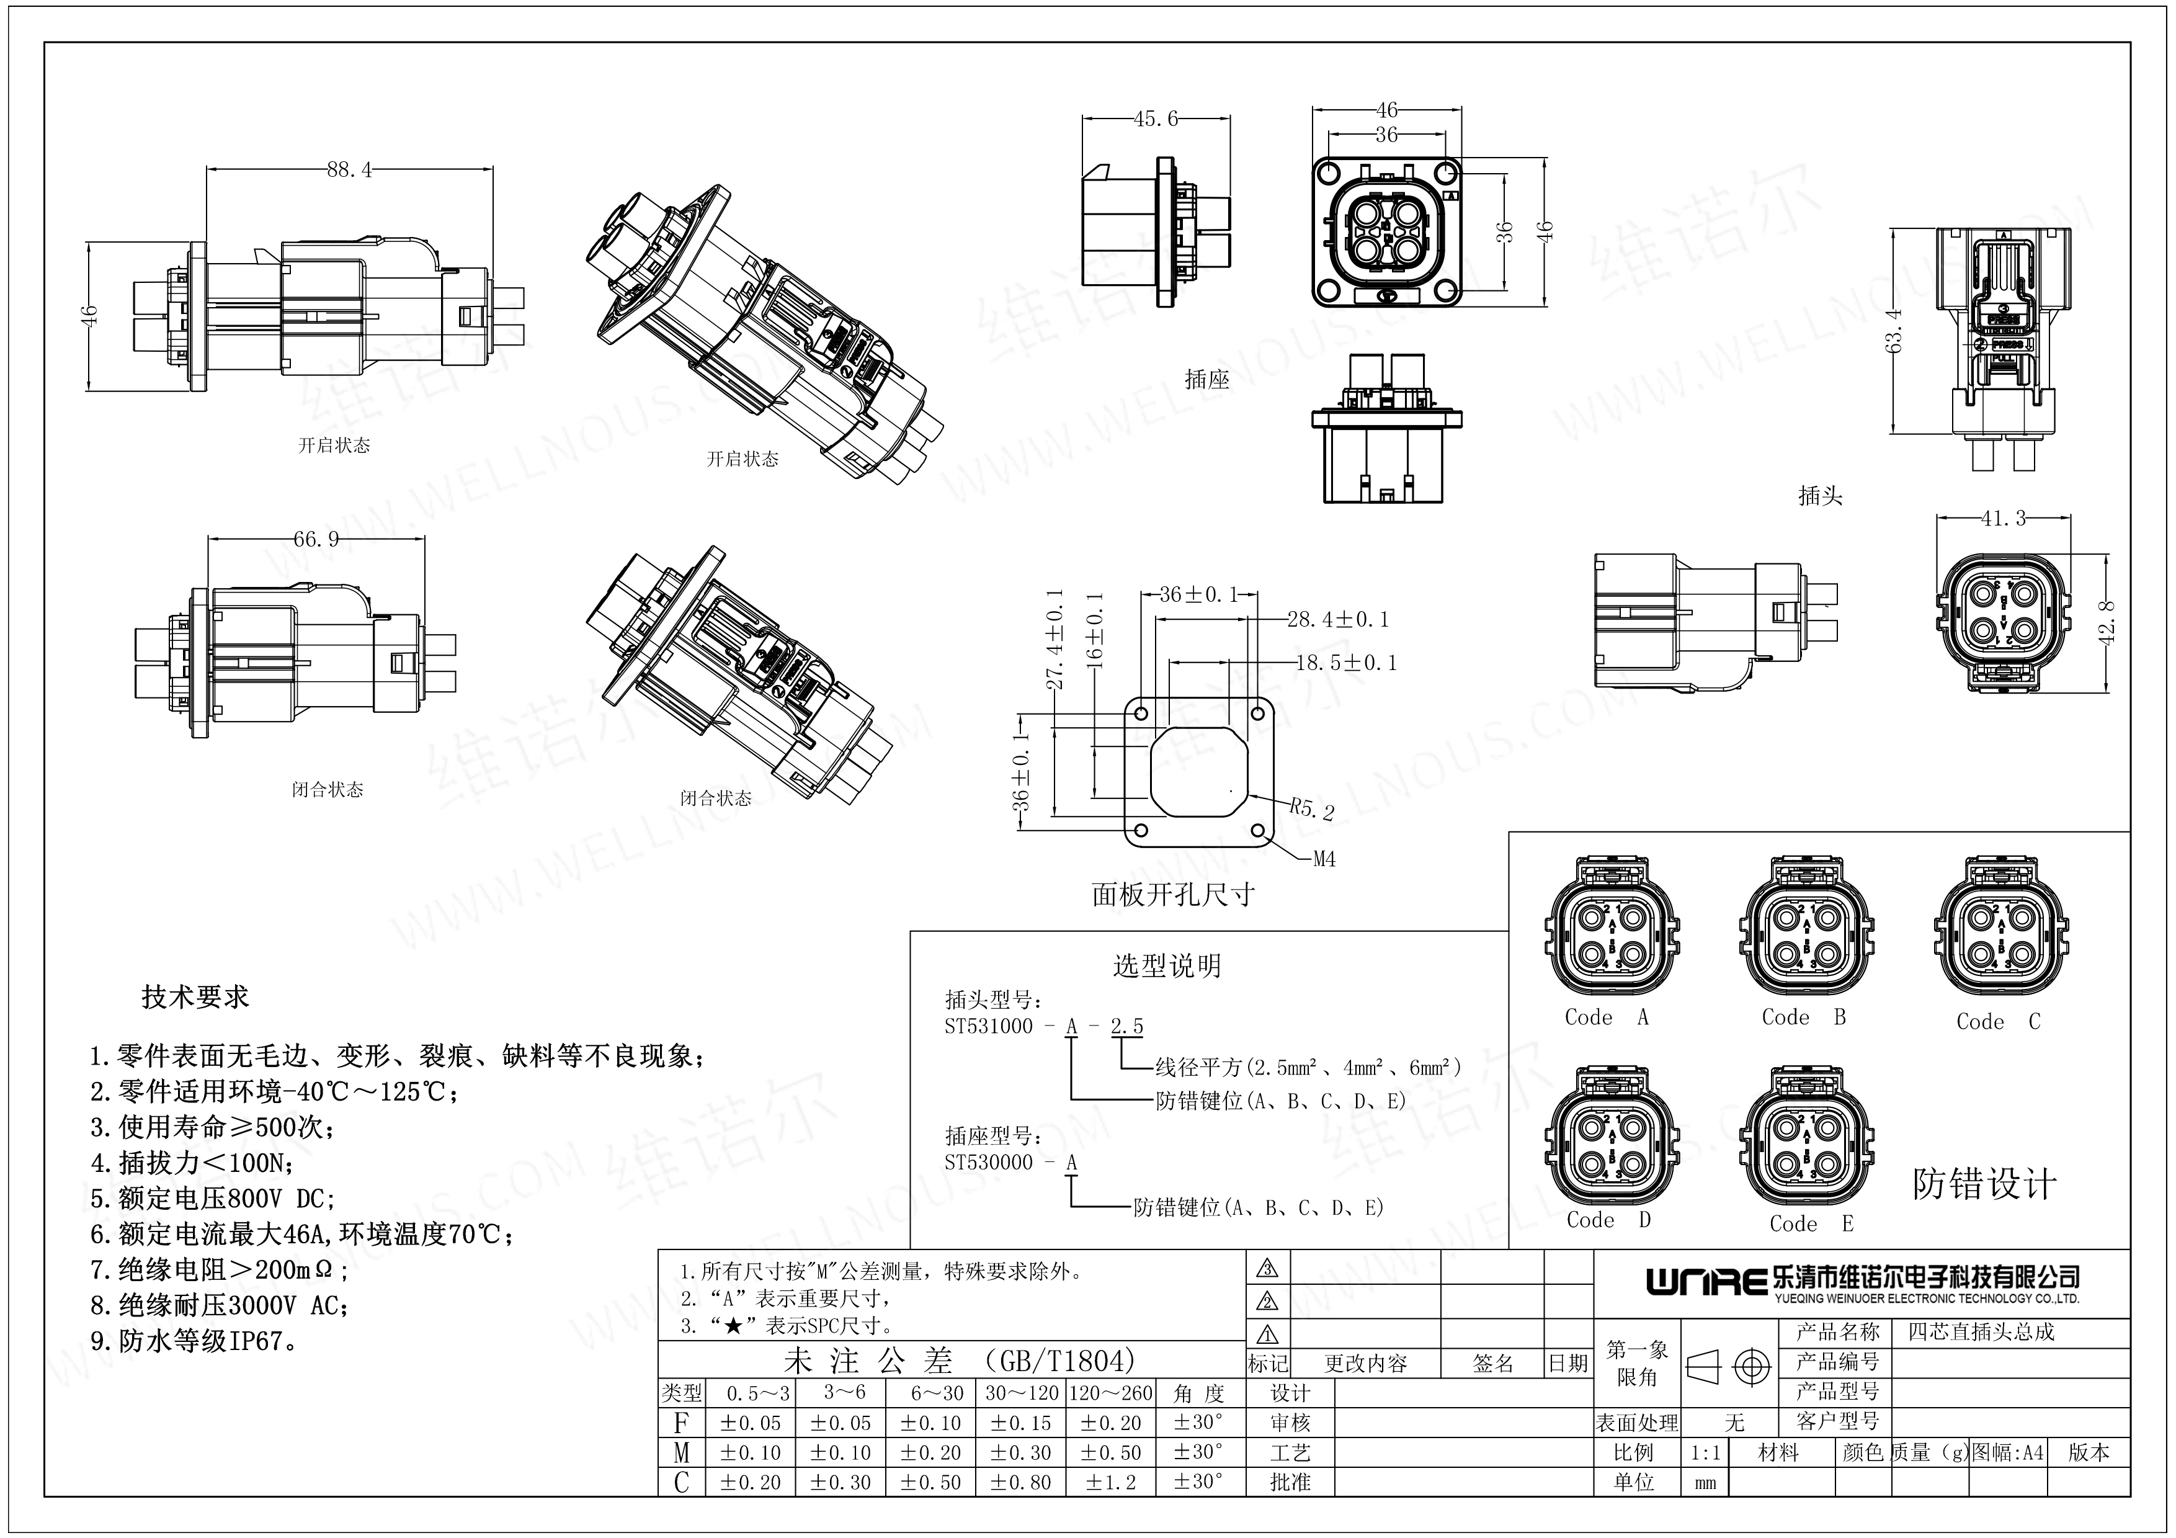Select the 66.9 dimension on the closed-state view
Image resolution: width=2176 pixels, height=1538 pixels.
[x=316, y=539]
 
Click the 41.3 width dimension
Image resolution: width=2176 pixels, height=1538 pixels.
[x=2002, y=518]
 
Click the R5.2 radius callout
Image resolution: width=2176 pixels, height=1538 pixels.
[x=1312, y=809]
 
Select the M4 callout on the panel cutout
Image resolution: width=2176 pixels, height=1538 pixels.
[x=1324, y=859]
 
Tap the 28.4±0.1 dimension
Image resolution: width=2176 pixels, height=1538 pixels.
[x=1337, y=620]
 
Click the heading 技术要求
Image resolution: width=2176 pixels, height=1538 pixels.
[x=195, y=997]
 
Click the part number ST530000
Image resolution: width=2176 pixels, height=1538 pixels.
[x=989, y=1163]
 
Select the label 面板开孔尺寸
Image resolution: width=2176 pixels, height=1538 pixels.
[x=1174, y=895]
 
